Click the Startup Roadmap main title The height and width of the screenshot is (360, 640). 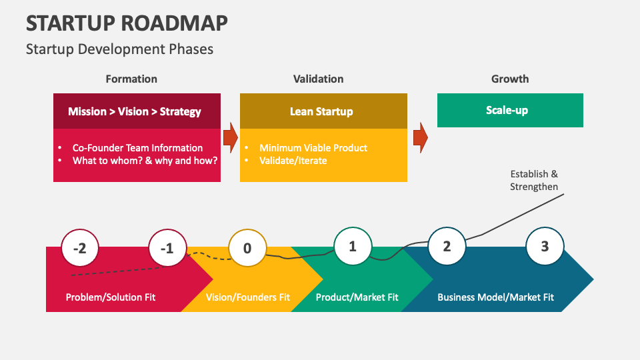(127, 23)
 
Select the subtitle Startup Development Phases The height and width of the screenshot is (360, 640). (119, 49)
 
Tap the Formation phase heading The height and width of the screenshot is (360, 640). (131, 79)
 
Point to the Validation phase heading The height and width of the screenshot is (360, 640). (318, 79)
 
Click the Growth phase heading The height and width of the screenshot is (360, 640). (510, 79)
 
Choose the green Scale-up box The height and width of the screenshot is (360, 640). (510, 110)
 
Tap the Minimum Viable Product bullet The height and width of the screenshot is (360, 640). (313, 148)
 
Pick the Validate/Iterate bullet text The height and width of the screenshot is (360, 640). (293, 161)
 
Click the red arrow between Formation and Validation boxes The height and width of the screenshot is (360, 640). (230, 137)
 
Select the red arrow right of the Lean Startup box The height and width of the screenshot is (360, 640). (420, 137)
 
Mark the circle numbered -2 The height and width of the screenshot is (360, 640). (79, 249)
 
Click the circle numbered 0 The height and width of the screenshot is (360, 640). (247, 249)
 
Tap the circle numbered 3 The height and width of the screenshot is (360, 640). (545, 246)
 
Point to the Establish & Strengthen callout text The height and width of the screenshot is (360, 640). (534, 181)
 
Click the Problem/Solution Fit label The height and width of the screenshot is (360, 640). (110, 297)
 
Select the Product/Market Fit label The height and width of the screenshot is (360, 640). (357, 297)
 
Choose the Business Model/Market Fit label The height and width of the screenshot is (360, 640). (495, 297)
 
